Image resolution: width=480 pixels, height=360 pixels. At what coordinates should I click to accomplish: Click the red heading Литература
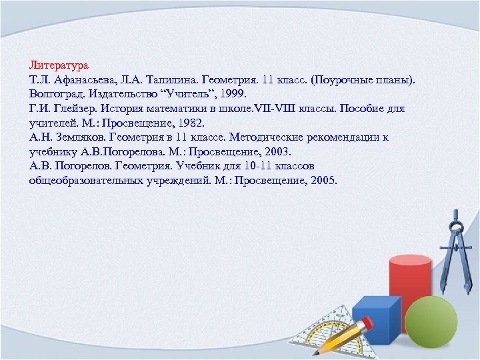coord(59,66)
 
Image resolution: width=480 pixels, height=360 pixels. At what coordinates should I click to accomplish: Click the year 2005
coord(323,180)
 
